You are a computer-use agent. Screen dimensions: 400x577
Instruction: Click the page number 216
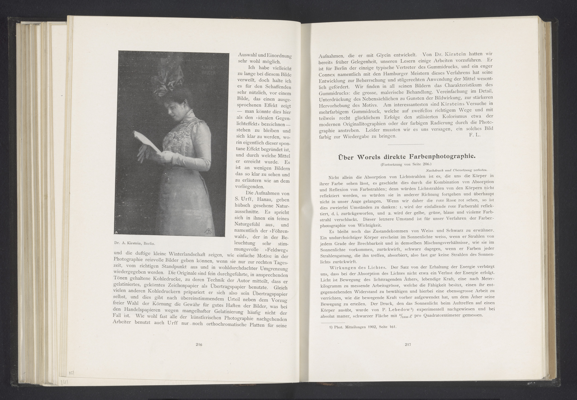[x=199, y=345]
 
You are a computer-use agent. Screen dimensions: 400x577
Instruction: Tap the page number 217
[x=408, y=345]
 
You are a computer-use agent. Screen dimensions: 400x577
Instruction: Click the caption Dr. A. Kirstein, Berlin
[x=134, y=243]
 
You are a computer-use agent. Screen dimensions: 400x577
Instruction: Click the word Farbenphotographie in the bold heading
[x=442, y=157]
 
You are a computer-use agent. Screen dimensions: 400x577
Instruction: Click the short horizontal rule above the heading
[x=406, y=144]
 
